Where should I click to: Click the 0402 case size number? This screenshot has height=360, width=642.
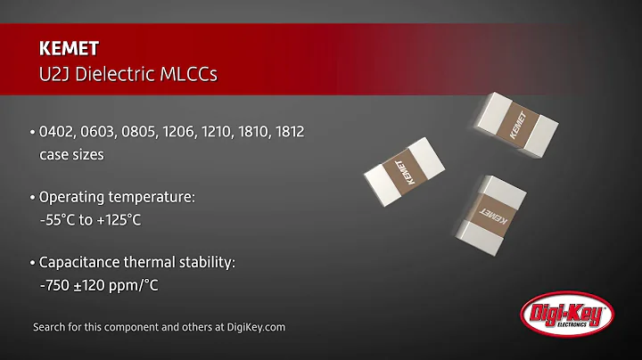(57, 132)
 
